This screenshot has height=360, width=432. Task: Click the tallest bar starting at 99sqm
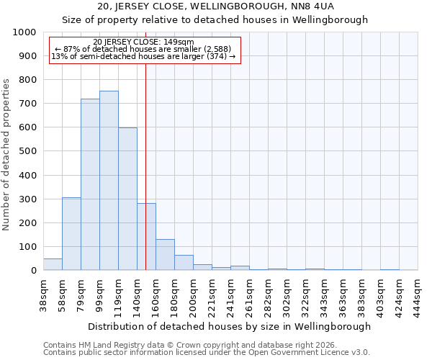[x=109, y=180]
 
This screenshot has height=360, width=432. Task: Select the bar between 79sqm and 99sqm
[x=90, y=184]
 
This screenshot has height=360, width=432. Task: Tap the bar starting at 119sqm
[x=127, y=199]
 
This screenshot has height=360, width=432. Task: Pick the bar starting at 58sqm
[x=71, y=233]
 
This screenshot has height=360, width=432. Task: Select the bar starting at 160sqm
[x=165, y=254]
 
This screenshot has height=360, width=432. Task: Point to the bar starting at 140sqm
[x=146, y=236]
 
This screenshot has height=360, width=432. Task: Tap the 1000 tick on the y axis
[x=24, y=32]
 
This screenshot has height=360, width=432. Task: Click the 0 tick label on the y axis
[x=33, y=271]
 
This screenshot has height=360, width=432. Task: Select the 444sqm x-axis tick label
[x=418, y=295]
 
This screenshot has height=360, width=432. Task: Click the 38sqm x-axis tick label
[x=43, y=295]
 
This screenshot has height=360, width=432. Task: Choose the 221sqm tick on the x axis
[x=212, y=295]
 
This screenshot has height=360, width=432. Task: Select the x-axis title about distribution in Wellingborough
[x=230, y=326]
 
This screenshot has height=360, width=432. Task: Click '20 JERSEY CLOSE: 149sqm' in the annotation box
[x=143, y=42]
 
